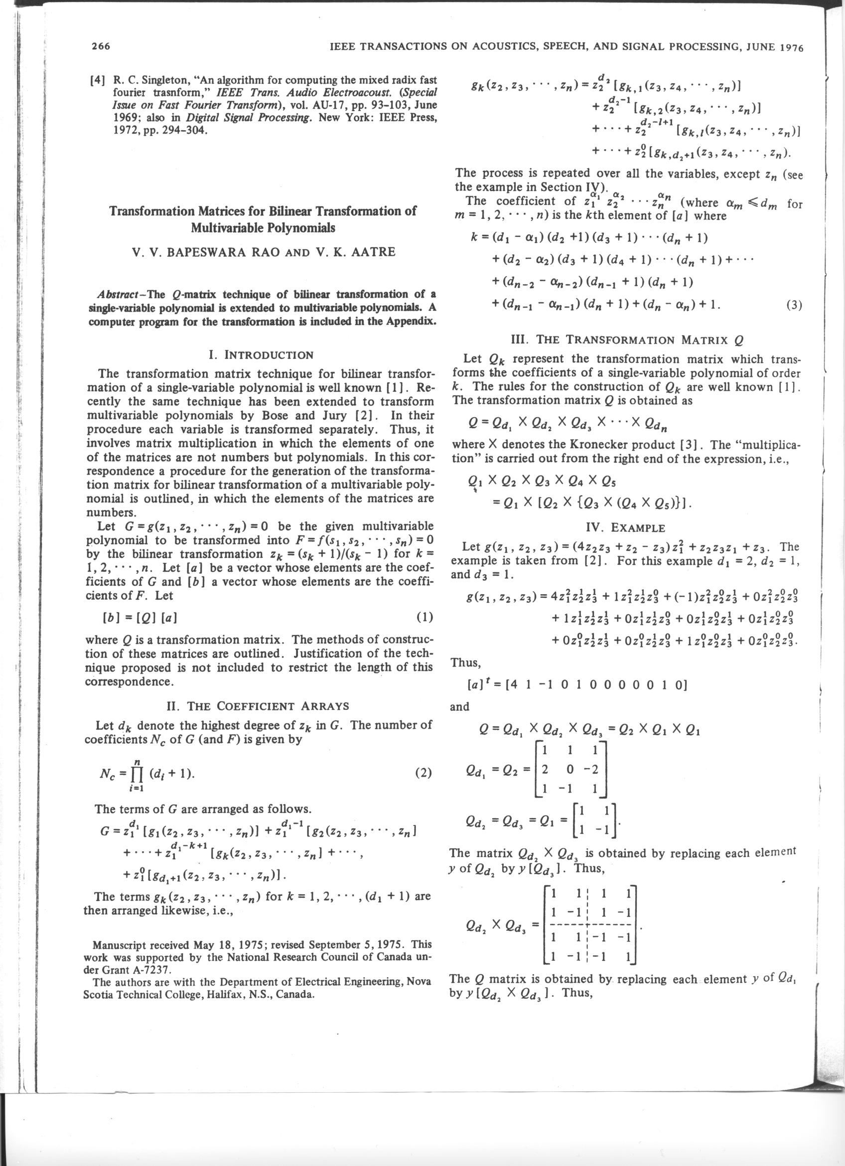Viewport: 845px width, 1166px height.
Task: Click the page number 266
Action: [101, 47]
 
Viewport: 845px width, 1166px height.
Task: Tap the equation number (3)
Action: [794, 306]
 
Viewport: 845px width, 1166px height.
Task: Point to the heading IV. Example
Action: [625, 528]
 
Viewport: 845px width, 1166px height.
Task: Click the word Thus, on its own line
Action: [465, 663]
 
